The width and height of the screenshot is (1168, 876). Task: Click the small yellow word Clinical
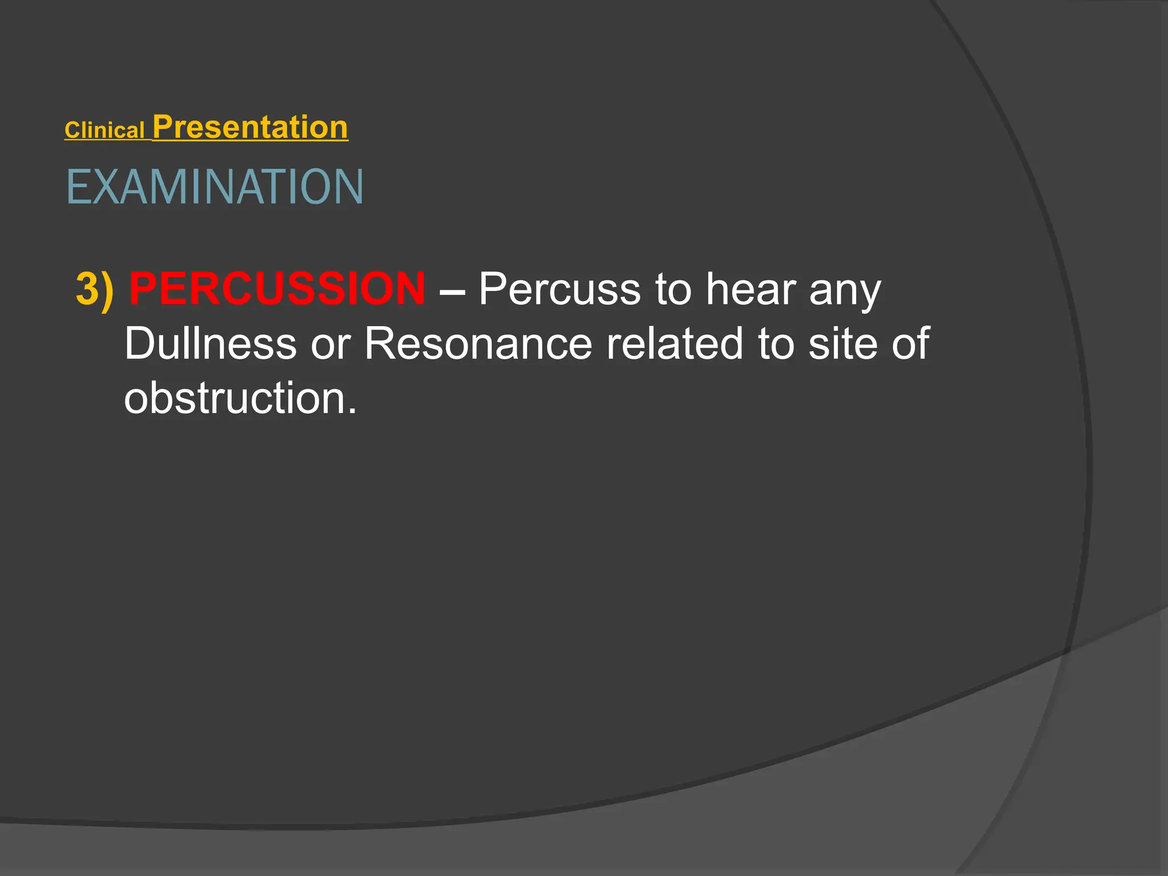[x=104, y=131]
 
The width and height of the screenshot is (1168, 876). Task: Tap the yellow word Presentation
[x=250, y=127]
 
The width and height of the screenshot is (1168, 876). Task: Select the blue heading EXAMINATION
[x=214, y=187]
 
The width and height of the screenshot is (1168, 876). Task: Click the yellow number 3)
[x=95, y=289]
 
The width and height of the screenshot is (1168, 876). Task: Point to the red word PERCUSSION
[x=277, y=289]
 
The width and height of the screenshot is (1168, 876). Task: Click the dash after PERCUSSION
[x=452, y=291]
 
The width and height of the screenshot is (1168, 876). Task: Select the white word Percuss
[x=559, y=289]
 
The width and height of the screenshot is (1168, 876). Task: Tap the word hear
[x=750, y=289]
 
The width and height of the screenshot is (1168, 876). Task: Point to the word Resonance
[x=478, y=344]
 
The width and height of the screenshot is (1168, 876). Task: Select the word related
[x=675, y=343]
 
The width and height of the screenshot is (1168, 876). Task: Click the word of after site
[x=911, y=343]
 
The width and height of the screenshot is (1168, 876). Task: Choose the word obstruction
[x=234, y=398]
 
